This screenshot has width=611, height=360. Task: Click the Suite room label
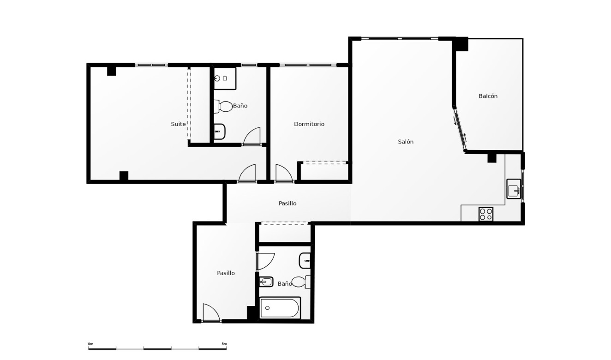[178, 124]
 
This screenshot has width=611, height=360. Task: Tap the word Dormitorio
[309, 124]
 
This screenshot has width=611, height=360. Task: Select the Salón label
[406, 142]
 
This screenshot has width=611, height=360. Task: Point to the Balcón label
[488, 96]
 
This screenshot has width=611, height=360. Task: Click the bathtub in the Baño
[280, 308]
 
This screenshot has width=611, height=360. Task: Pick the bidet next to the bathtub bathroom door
[266, 282]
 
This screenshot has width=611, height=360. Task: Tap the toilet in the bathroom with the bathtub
[303, 281]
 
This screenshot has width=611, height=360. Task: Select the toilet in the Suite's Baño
[223, 107]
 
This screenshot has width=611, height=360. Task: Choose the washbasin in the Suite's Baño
[220, 132]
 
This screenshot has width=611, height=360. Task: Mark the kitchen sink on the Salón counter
[514, 189]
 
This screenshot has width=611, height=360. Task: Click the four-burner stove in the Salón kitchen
[485, 214]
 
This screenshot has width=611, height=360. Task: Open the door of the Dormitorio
[283, 174]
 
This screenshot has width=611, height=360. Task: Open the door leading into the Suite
[247, 174]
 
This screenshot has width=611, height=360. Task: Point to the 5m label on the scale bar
[224, 344]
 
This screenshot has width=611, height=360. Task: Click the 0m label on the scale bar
[90, 344]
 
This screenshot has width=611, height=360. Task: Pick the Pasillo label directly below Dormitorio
[288, 204]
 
